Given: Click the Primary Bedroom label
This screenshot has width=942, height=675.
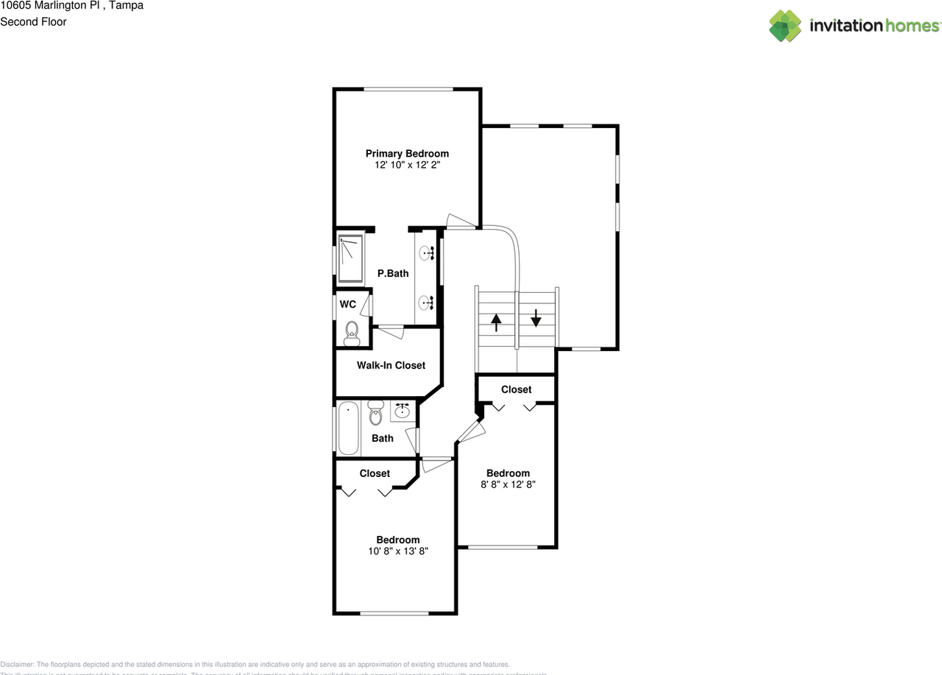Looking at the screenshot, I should click(407, 154).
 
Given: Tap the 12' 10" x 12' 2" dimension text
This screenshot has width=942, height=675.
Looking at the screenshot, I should click(407, 166).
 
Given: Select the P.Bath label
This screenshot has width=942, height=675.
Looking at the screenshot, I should click(392, 274).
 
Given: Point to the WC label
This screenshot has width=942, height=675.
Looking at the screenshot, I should click(348, 304).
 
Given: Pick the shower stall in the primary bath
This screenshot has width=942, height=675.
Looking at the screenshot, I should click(351, 258).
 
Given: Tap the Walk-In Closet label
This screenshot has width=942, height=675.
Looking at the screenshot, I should click(391, 365).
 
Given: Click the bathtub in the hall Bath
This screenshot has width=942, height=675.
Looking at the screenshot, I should click(349, 428).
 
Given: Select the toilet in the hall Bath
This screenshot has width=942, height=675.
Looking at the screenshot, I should click(376, 413).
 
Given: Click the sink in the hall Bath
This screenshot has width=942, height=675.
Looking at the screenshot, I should click(403, 411).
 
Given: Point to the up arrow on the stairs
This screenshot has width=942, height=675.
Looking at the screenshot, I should click(496, 322).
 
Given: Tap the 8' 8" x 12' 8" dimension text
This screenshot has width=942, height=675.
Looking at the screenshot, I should click(508, 485).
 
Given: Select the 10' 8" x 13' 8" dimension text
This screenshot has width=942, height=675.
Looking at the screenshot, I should click(397, 551).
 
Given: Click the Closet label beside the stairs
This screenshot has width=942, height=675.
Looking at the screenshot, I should click(516, 389).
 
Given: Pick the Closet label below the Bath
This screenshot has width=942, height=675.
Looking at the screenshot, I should click(375, 473).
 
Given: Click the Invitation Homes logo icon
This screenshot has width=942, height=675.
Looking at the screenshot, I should click(785, 26).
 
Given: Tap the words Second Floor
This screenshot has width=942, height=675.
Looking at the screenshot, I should click(33, 21).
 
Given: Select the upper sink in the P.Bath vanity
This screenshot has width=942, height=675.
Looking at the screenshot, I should click(426, 254).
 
